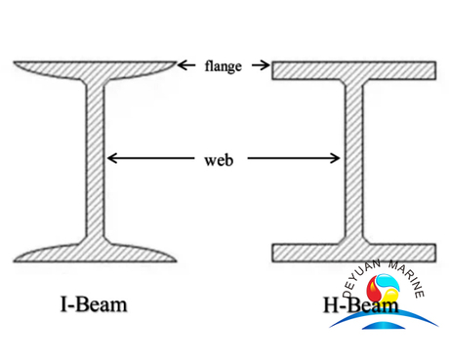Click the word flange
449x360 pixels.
[224, 67]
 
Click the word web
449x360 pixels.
[224, 157]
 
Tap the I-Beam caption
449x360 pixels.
[94, 305]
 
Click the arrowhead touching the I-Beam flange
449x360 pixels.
[183, 66]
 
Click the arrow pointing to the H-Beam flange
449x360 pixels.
[261, 66]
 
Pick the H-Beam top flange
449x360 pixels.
[353, 70]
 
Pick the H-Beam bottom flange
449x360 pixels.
[353, 253]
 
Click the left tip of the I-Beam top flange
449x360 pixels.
[17, 65]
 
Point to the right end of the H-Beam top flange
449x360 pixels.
[431, 70]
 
